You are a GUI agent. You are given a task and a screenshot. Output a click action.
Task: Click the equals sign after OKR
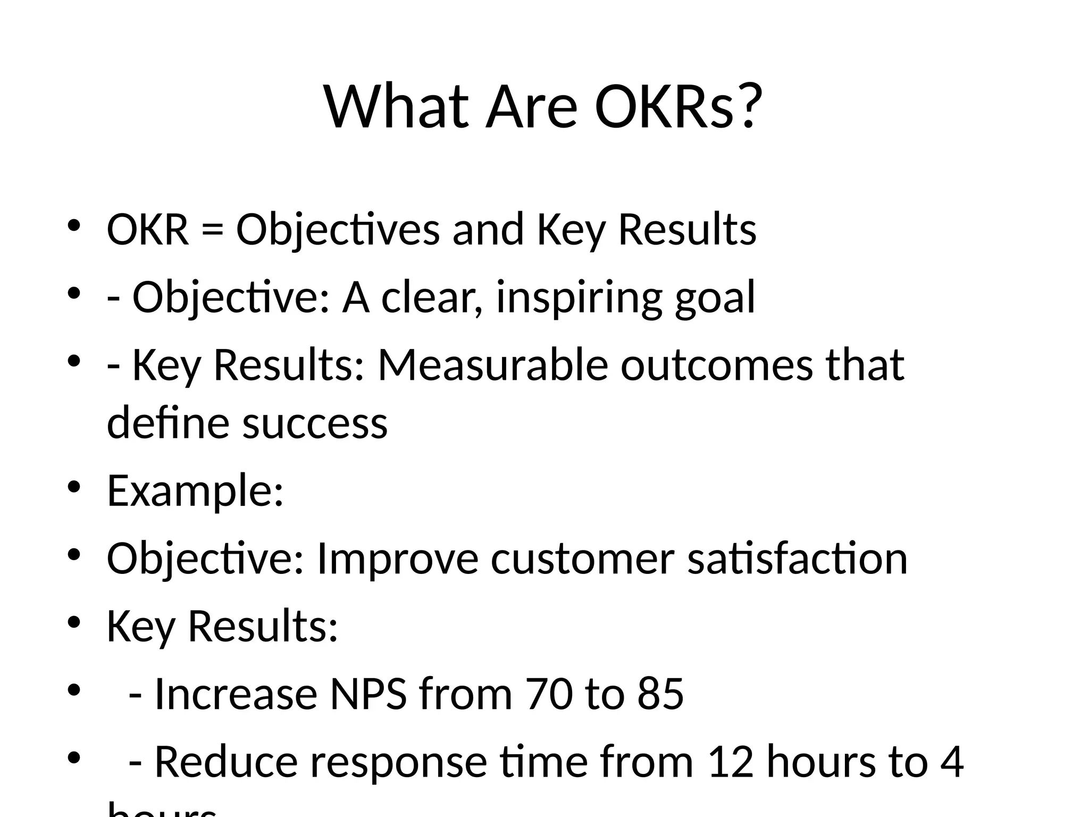point(212,230)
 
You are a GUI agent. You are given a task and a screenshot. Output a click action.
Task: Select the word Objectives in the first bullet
point(338,230)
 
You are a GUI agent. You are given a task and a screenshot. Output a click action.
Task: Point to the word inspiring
point(579,298)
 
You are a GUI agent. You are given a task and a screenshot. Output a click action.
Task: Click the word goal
point(715,298)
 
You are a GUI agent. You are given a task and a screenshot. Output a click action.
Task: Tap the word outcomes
point(716,365)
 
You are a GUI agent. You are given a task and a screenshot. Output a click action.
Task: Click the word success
point(315,423)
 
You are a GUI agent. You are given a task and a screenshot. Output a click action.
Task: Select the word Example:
point(195,490)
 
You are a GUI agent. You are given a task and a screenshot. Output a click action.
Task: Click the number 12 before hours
point(731,762)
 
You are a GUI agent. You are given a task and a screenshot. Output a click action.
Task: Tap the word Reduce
point(225,762)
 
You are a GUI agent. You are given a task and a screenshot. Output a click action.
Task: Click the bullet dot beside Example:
point(74,487)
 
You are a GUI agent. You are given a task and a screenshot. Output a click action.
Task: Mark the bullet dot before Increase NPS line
point(74,690)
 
